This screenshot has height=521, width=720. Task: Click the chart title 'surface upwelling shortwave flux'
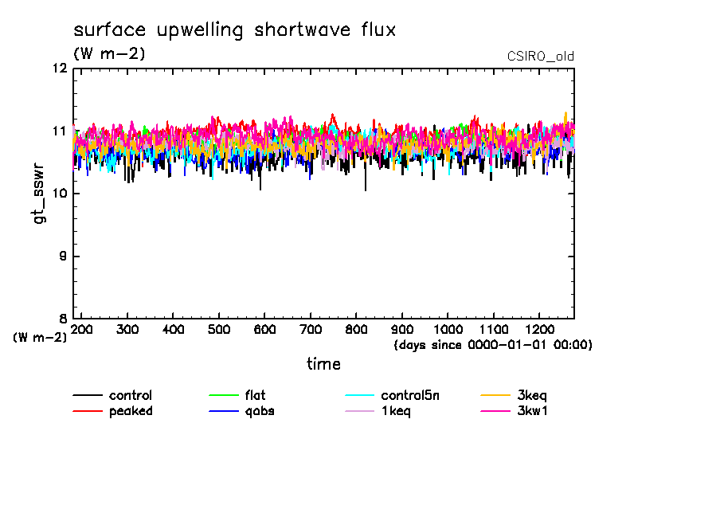click(x=234, y=31)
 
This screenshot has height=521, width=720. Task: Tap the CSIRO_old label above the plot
click(x=540, y=57)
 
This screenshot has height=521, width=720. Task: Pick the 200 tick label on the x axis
click(x=82, y=330)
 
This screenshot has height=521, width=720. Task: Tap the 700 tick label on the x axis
click(x=311, y=330)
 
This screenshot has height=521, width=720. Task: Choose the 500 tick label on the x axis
click(x=219, y=330)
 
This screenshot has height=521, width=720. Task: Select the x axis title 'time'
click(x=324, y=364)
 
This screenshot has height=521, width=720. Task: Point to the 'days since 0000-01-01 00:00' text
click(x=493, y=345)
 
